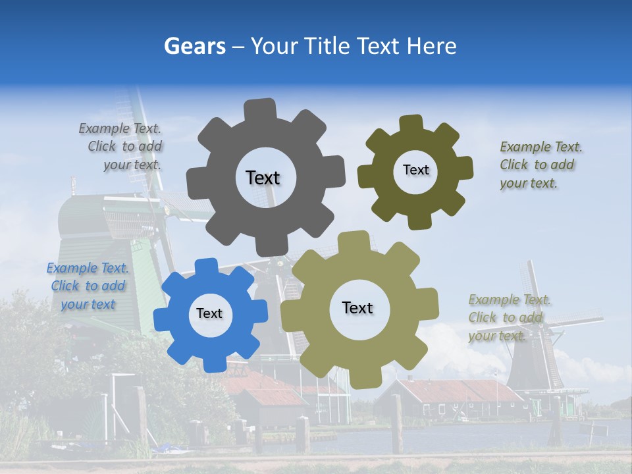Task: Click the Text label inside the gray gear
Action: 263,178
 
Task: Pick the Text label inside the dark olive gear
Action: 415,170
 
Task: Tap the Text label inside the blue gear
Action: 209,313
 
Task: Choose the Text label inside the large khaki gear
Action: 357,307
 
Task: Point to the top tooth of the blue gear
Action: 206,266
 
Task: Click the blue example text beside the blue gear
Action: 88,286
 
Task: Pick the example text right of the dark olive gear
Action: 540,165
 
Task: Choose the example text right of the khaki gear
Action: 509,318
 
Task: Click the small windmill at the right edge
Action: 533,336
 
